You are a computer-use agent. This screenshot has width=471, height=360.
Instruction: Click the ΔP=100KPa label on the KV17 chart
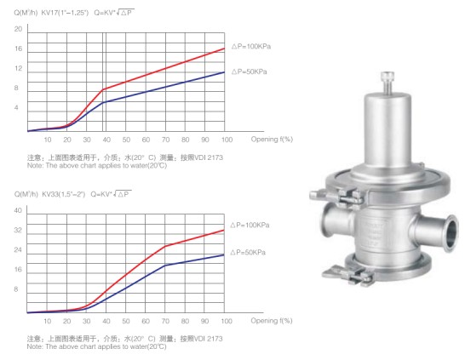(x=251, y=46)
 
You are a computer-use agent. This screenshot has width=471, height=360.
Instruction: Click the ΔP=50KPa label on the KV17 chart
(x=249, y=71)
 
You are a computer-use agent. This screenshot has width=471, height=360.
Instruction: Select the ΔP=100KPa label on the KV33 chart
(x=250, y=225)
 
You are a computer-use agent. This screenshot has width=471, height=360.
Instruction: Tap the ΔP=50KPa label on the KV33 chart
(x=248, y=252)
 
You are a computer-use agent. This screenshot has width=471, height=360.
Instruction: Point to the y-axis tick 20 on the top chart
(x=19, y=29)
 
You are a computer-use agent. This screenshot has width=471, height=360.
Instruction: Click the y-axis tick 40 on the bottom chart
(x=18, y=210)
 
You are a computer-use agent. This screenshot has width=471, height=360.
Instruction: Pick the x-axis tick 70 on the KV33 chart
(x=165, y=321)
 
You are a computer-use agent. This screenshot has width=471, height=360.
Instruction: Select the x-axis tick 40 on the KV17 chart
(x=106, y=140)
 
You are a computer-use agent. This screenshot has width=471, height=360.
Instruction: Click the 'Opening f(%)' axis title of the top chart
(x=272, y=139)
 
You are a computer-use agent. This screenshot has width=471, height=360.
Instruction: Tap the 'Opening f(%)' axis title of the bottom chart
(x=272, y=321)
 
